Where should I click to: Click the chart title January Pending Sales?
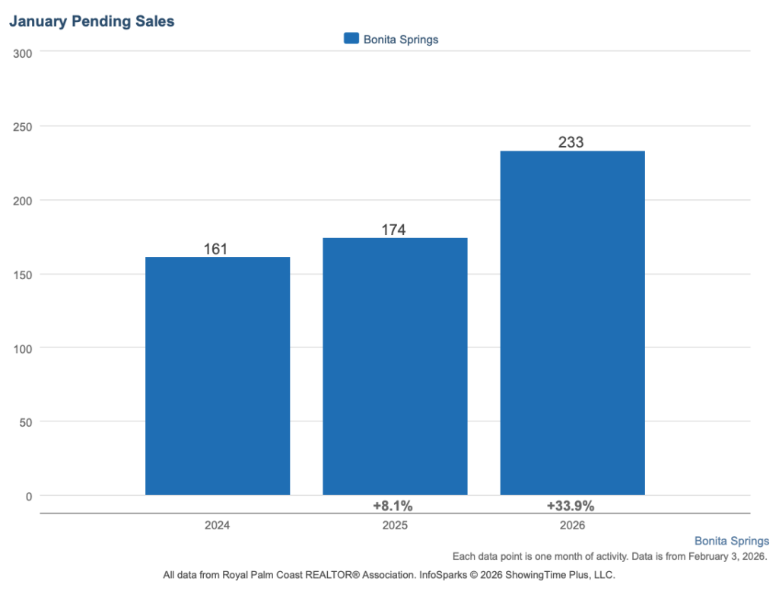coord(91,21)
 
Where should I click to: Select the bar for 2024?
coord(218,376)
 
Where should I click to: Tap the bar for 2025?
coord(395,366)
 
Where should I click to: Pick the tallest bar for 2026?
coord(572,322)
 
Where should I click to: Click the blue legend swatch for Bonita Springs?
coord(351,39)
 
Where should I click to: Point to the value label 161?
coord(216,249)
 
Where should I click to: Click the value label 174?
coord(393,230)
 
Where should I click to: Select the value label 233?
coord(571,142)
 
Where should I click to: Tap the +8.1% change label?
coord(393,506)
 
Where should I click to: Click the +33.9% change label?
coord(571,506)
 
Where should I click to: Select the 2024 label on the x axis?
coord(217,526)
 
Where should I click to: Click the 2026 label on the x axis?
coord(571,526)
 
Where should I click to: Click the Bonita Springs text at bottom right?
coord(731,542)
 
